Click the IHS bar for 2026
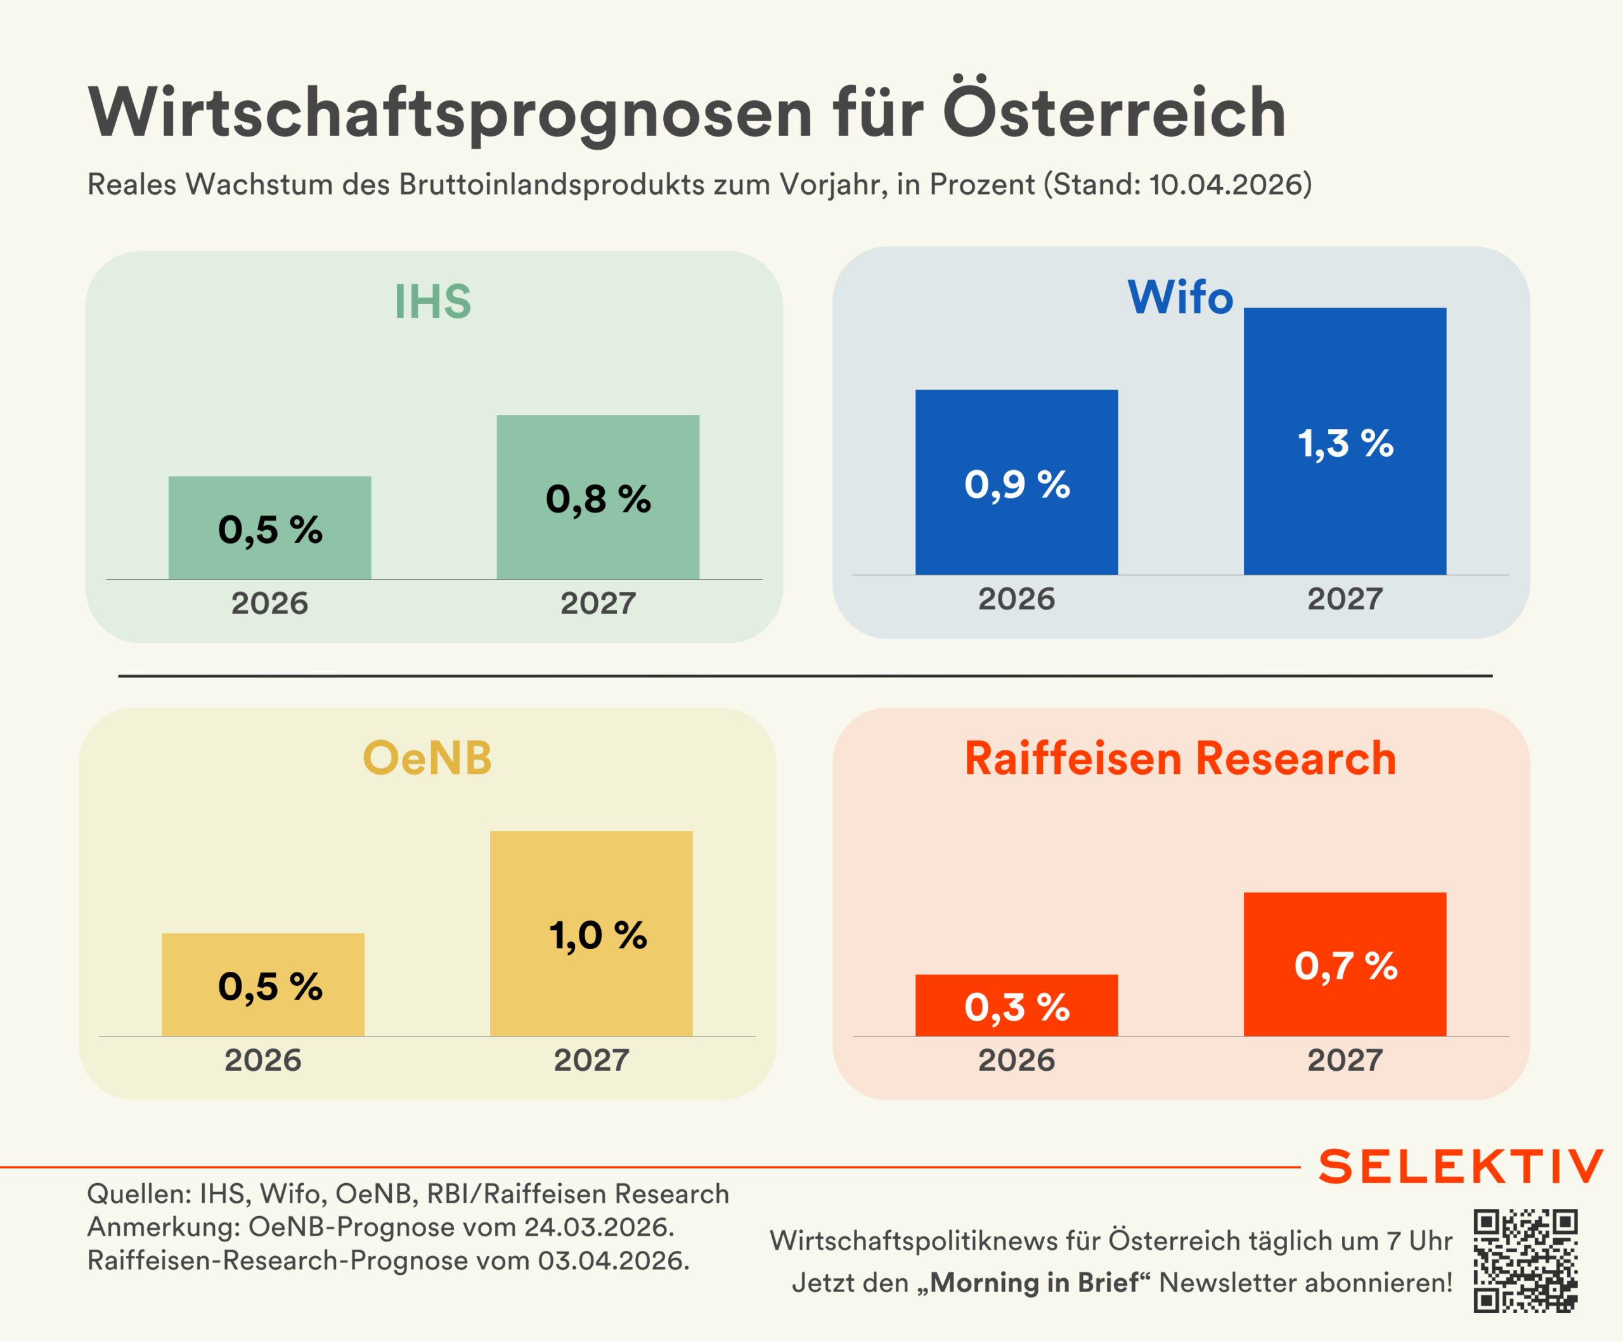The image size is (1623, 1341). pyautogui.click(x=269, y=528)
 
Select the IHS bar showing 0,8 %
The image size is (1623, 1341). pyautogui.click(x=598, y=497)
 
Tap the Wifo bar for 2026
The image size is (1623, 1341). pyautogui.click(x=1016, y=482)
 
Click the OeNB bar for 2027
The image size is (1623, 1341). pyautogui.click(x=591, y=933)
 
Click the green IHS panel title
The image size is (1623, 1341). pyautogui.click(x=432, y=301)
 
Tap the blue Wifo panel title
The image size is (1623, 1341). pyautogui.click(x=1180, y=297)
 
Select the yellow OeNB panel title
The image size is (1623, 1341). pyautogui.click(x=427, y=758)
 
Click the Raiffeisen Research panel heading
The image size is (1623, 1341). pyautogui.click(x=1180, y=759)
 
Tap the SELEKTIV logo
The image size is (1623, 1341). pyautogui.click(x=1461, y=1167)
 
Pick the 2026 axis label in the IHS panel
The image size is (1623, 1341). pyautogui.click(x=269, y=603)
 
